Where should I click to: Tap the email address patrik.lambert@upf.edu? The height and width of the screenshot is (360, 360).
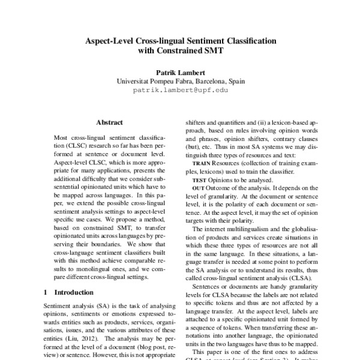pos(179,92)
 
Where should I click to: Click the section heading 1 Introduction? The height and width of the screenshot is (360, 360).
pos(67,292)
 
